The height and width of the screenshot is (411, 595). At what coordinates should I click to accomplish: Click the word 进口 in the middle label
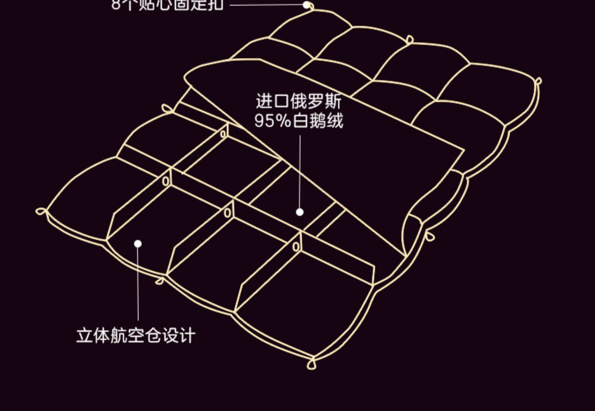272,101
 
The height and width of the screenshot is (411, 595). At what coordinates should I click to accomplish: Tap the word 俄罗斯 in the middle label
316,101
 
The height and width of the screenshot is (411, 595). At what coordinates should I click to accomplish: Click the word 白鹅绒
318,121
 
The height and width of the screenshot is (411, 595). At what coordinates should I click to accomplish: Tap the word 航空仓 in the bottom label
135,335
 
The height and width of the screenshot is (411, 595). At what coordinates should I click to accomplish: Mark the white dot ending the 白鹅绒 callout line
300,212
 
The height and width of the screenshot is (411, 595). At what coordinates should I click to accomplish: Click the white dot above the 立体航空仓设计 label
138,244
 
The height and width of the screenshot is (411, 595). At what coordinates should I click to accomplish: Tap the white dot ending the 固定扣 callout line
306,5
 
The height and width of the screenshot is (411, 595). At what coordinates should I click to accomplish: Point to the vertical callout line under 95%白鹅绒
300,171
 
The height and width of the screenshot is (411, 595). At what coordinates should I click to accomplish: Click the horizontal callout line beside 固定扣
266,5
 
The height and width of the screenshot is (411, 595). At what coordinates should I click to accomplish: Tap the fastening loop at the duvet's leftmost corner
40,211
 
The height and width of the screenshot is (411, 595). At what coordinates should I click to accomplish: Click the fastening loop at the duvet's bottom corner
312,363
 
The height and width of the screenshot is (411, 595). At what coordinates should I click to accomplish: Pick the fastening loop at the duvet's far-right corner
538,81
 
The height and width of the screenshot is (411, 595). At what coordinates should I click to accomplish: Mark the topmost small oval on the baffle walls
223,134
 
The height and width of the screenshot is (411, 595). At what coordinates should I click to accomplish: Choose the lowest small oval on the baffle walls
296,247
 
